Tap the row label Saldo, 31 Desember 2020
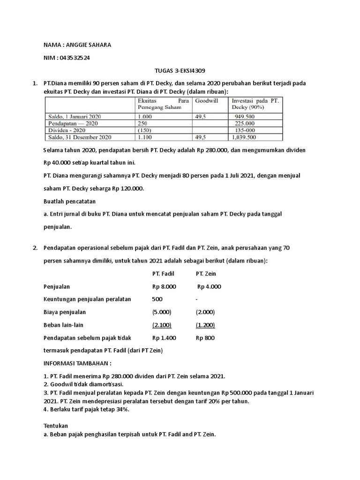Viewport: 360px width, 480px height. (x=80, y=137)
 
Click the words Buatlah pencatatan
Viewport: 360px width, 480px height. (x=69, y=201)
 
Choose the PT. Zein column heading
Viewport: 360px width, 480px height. (x=206, y=274)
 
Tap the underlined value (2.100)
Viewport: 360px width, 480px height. (x=162, y=324)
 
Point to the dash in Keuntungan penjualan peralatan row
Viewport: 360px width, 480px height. (x=197, y=299)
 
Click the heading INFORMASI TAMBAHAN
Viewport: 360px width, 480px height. (x=77, y=363)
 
